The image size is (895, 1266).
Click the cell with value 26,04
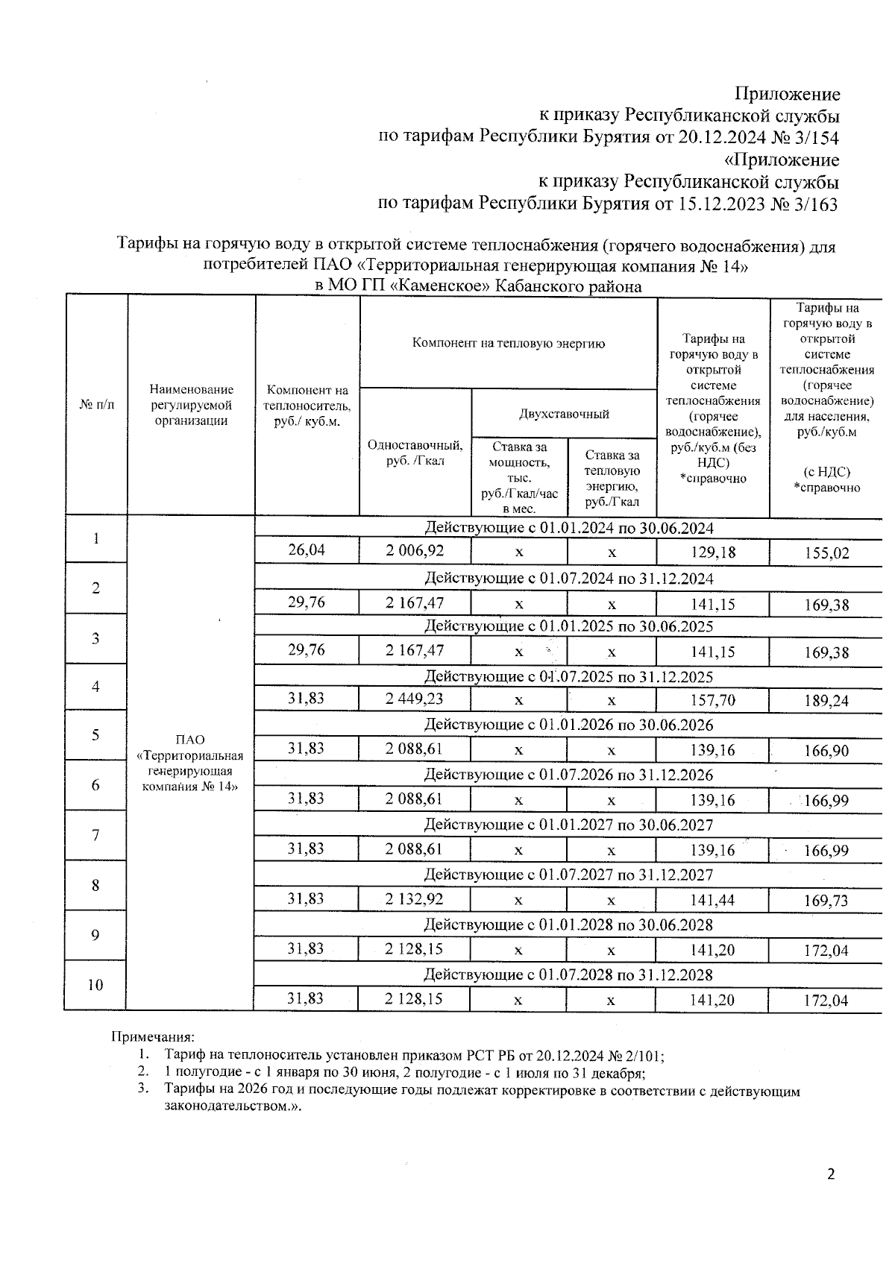[307, 551]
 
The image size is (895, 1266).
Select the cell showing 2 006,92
[415, 551]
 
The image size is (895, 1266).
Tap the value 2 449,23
[415, 699]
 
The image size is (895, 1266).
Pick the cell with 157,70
[712, 700]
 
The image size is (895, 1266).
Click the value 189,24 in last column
[826, 701]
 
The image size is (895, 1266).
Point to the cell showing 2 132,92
[415, 898]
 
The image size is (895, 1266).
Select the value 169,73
[826, 901]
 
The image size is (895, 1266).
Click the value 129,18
[712, 552]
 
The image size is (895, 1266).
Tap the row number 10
[95, 985]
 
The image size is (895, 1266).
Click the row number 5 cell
[95, 735]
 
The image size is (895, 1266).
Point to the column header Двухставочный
[564, 414]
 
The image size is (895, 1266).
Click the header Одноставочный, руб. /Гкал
[415, 453]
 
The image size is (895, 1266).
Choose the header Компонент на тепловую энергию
[508, 343]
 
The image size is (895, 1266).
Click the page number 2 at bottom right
[831, 1176]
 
